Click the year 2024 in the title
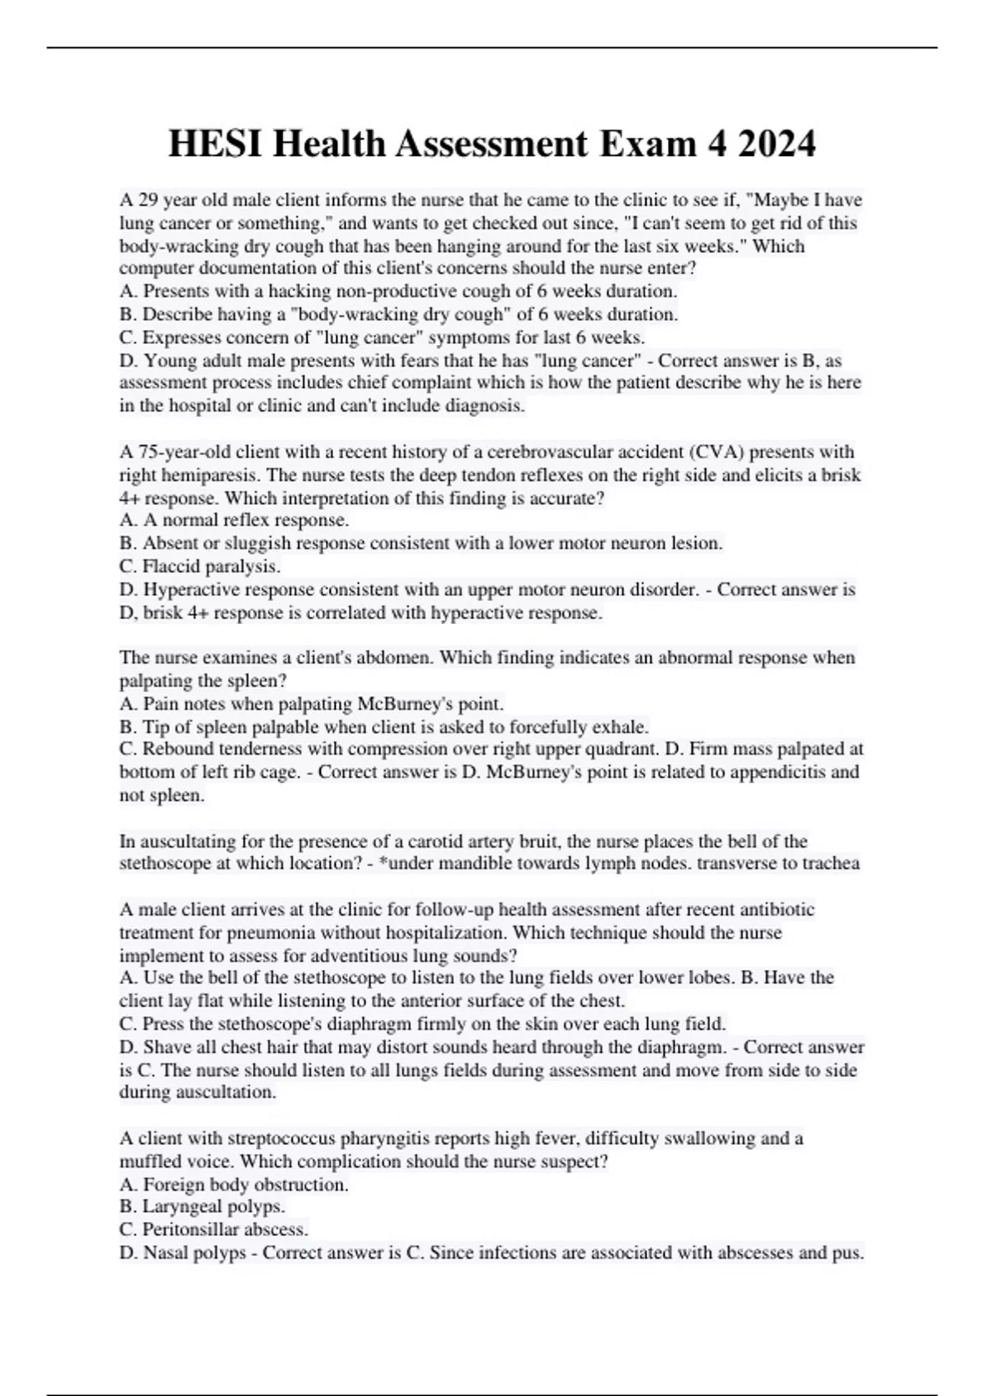pyautogui.click(x=777, y=145)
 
